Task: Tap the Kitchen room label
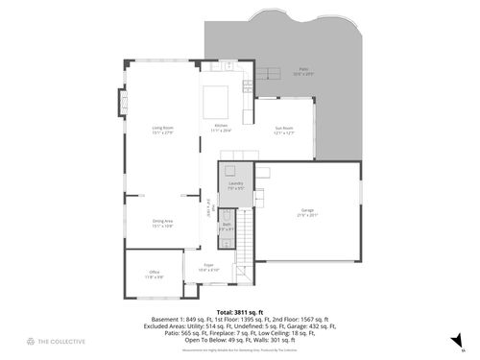[x=221, y=129]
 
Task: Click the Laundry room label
[x=235, y=184]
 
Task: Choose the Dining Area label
[x=162, y=223]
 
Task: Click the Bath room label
[x=226, y=228]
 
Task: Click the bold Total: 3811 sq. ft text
[x=240, y=313]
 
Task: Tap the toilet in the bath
[x=227, y=214]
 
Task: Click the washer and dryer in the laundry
[x=232, y=171]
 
